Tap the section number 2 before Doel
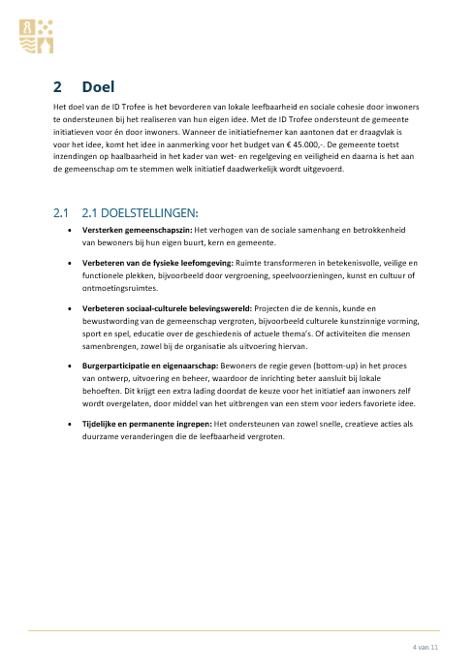coord(58,87)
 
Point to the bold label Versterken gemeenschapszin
coord(138,231)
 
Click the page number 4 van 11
coord(426,646)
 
